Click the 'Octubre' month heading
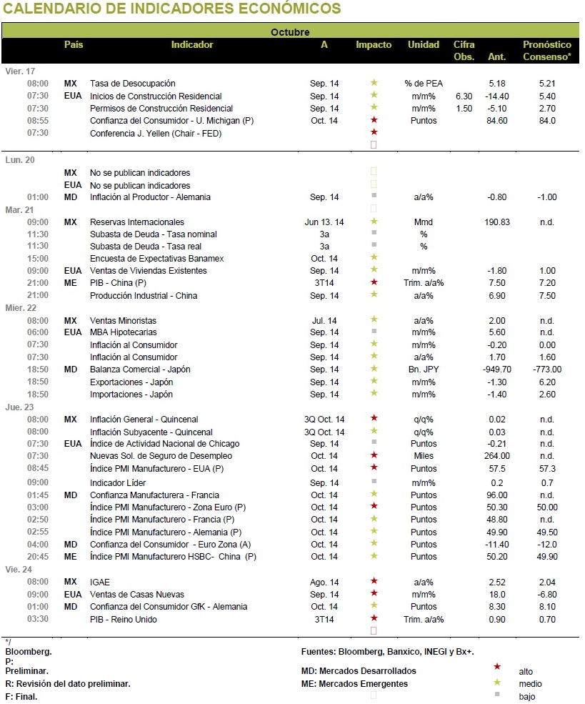pyautogui.click(x=290, y=32)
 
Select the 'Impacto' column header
pyautogui.click(x=374, y=44)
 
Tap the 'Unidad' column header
pyautogui.click(x=423, y=44)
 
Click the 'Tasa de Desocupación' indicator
pyautogui.click(x=132, y=84)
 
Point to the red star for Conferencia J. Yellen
pyautogui.click(x=374, y=132)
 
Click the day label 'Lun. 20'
pyautogui.click(x=20, y=160)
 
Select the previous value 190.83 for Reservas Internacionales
pyautogui.click(x=497, y=222)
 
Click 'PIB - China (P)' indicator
pyautogui.click(x=118, y=283)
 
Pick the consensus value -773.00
pyautogui.click(x=547, y=369)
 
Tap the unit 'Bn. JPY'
pyautogui.click(x=423, y=369)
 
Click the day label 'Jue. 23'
pyautogui.click(x=19, y=407)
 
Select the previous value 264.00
pyautogui.click(x=497, y=456)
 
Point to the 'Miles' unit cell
pyautogui.click(x=423, y=456)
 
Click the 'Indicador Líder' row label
pyautogui.click(x=118, y=482)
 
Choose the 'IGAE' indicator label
pyautogui.click(x=99, y=582)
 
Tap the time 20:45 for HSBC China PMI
pyautogui.click(x=38, y=556)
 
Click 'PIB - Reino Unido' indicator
pyautogui.click(x=124, y=619)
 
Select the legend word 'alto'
pyautogui.click(x=526, y=672)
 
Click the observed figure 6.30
pyautogui.click(x=464, y=96)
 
